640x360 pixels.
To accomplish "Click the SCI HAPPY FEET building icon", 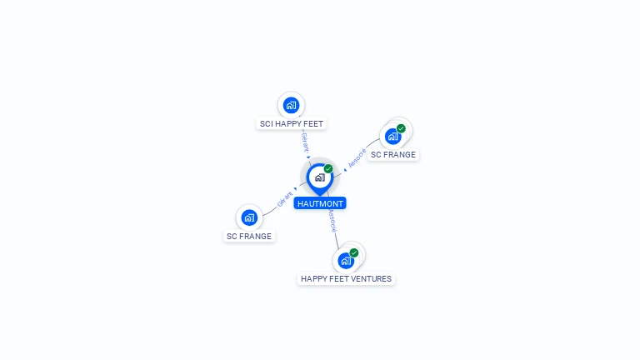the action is point(291,105).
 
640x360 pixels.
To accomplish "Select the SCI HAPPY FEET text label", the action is point(291,124).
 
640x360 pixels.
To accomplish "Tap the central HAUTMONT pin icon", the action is point(318,177).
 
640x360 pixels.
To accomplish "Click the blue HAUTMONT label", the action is point(319,203).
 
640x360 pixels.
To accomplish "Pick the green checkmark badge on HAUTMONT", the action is point(328,168).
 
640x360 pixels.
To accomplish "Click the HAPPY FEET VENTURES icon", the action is point(346,260).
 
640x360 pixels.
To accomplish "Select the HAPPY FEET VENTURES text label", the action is point(346,279).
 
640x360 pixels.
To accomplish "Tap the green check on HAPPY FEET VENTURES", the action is point(354,252).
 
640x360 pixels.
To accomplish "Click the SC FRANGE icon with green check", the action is point(392,137).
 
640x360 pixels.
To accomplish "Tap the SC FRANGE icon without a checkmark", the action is point(249,217).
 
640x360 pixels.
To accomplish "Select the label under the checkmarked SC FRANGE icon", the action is point(393,155).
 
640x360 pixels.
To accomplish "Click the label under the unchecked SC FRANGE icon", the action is point(249,237).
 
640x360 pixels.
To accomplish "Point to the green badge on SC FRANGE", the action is point(401,128).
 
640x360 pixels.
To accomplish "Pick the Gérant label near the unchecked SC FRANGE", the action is point(285,200).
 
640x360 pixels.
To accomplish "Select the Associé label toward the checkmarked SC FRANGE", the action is point(357,158).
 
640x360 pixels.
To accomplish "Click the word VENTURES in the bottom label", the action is point(371,279).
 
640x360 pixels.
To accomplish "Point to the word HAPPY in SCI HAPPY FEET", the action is point(290,124).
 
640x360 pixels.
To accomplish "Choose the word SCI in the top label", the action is point(267,124).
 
